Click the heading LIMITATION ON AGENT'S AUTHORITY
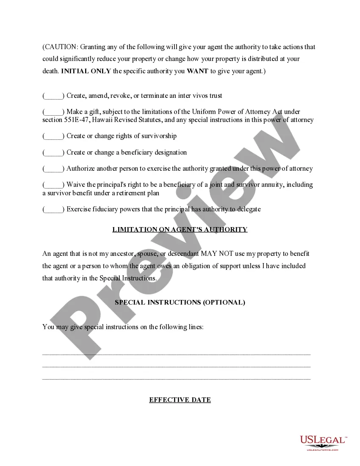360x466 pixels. (180, 230)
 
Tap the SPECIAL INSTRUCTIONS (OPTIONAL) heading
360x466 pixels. (180, 302)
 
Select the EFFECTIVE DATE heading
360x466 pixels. (180, 400)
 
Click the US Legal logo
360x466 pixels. (323, 442)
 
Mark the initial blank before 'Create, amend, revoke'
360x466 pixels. (53, 96)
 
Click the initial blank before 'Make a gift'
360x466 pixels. (53, 112)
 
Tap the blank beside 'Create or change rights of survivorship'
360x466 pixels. (53, 136)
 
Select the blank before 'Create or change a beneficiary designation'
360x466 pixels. (53, 153)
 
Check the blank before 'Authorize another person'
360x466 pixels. (53, 169)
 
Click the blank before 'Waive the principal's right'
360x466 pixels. (53, 185)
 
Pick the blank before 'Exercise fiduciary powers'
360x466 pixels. (53, 209)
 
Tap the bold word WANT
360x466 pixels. (197, 71)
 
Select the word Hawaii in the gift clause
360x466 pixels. (103, 120)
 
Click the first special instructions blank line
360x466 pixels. (176, 354)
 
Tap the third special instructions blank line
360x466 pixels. (176, 378)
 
